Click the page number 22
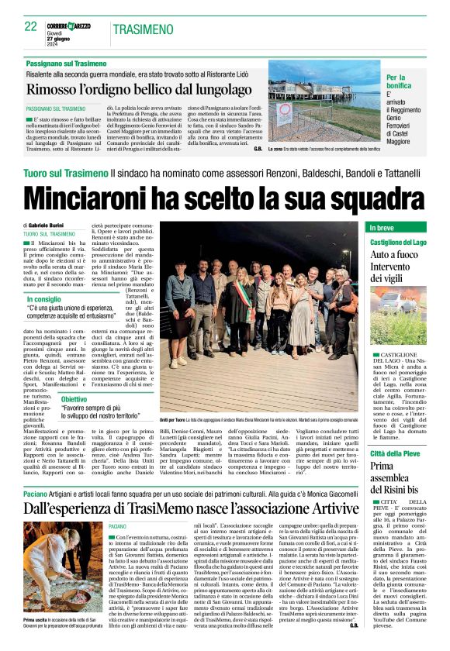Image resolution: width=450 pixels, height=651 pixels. coord(30,26)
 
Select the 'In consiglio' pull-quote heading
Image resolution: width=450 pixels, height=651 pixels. coord(45,299)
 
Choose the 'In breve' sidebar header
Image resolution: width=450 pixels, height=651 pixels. coord(382,228)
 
